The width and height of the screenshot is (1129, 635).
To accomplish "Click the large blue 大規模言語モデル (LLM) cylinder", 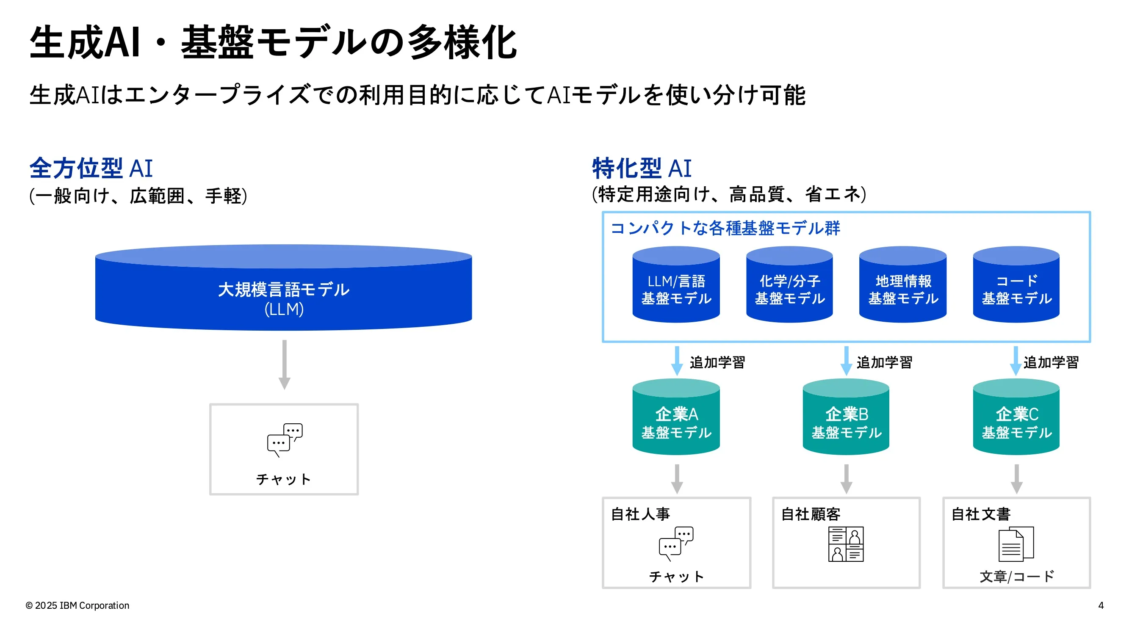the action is click(284, 287).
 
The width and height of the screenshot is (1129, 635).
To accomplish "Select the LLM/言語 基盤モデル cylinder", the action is click(676, 284).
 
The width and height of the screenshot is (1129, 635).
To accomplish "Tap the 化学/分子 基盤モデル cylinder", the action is click(790, 284).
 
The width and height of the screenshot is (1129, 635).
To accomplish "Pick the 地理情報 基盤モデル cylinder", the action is click(903, 284).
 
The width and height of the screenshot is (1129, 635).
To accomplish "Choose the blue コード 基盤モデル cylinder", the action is click(1016, 284).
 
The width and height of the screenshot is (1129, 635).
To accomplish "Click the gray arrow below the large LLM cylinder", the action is click(285, 364).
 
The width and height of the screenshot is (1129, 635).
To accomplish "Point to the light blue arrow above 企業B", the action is click(846, 361).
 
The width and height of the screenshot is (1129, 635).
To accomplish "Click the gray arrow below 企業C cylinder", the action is click(1016, 479).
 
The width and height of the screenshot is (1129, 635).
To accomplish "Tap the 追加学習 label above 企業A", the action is click(717, 362).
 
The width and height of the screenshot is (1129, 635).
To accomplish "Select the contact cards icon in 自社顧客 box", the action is click(846, 544).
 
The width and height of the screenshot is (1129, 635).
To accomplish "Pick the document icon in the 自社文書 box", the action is click(1016, 544).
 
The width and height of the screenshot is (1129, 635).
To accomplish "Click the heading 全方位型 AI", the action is click(91, 168).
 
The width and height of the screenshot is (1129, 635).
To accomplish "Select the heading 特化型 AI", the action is click(642, 168).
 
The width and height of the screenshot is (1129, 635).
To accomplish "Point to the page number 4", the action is click(1101, 605).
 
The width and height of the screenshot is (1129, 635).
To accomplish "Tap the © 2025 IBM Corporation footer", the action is click(77, 605).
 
